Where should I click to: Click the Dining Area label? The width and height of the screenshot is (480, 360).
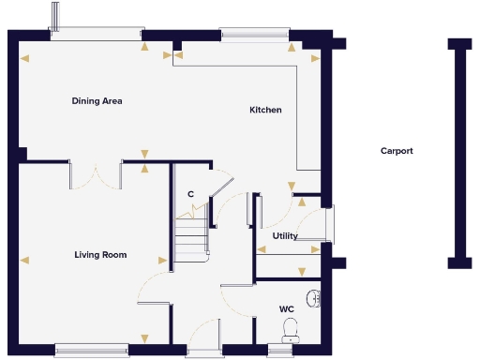click(x=97, y=101)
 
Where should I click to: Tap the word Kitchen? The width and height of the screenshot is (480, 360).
click(x=265, y=111)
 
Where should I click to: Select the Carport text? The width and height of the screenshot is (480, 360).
click(x=397, y=151)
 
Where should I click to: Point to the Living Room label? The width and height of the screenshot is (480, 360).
click(x=100, y=255)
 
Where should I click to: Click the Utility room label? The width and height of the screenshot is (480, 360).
click(x=285, y=236)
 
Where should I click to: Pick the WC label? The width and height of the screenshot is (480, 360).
click(x=286, y=308)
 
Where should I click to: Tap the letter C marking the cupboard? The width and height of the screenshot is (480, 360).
click(x=190, y=194)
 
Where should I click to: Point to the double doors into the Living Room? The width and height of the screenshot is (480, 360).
click(x=97, y=174)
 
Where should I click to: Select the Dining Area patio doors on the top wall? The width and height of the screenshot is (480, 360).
click(x=94, y=34)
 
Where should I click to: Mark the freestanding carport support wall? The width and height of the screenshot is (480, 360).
click(x=458, y=154)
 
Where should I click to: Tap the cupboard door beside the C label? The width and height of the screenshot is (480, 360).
click(x=220, y=187)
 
